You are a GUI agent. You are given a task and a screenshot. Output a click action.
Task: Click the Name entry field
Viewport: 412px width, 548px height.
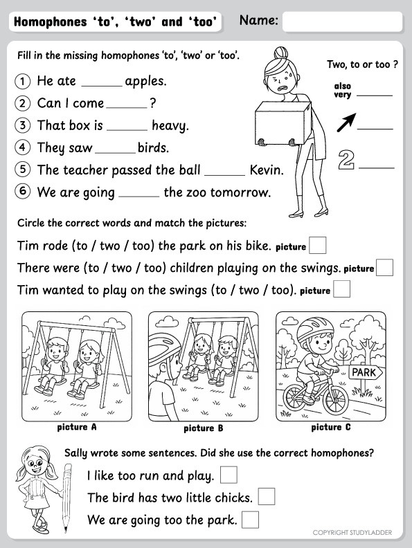342,21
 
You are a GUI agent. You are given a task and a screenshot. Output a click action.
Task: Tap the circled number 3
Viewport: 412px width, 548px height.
23,125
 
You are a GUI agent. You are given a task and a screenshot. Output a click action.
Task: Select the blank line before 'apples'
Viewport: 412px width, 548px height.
102,86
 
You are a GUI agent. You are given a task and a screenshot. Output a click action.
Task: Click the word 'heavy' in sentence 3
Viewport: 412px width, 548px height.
170,126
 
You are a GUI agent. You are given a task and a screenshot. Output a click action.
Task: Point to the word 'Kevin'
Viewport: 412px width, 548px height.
267,170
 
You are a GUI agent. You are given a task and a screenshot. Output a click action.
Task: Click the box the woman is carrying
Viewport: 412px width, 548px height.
283,123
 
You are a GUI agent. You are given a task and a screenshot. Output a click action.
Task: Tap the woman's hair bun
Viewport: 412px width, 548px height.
281,53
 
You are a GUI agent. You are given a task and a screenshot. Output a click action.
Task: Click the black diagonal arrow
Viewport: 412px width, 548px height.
347,122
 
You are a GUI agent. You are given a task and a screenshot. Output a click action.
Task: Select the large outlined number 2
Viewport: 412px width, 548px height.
346,160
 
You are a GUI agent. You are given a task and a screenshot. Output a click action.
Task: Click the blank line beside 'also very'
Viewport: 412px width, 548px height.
375,95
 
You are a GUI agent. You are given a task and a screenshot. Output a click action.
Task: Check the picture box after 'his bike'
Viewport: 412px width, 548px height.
318,246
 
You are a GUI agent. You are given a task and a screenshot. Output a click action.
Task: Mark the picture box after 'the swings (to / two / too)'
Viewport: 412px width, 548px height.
341,289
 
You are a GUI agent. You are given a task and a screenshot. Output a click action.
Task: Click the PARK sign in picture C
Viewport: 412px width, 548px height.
366,372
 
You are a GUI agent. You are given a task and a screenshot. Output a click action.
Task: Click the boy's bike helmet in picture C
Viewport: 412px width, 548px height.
315,329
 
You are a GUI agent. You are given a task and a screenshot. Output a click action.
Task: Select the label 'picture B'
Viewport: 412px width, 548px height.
203,428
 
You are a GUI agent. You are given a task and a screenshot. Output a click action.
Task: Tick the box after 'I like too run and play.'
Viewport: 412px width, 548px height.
229,475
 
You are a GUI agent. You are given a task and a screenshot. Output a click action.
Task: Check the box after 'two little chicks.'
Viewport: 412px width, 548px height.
267,497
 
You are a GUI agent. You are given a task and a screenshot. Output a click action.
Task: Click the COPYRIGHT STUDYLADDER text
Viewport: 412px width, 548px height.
352,533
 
